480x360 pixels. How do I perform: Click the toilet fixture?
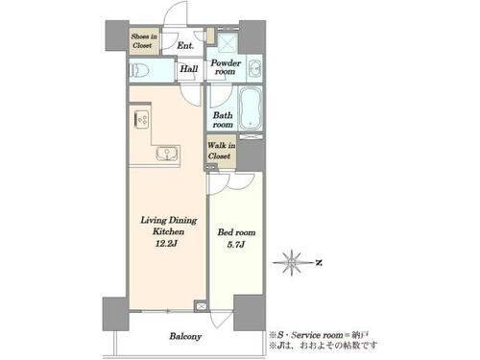click(x=139, y=70)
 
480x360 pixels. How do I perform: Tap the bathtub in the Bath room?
click(x=251, y=108)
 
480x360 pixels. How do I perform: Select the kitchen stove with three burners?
click(x=141, y=119)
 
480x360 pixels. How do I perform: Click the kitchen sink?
click(x=167, y=154)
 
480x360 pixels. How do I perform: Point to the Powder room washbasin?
click(x=255, y=68)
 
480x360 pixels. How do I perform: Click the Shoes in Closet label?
click(x=144, y=41)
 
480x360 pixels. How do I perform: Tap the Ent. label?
click(x=185, y=46)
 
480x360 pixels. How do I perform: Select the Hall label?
click(x=189, y=68)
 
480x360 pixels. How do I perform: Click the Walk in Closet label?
click(x=221, y=151)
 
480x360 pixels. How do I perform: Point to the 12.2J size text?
click(x=166, y=244)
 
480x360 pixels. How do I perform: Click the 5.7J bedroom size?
click(x=236, y=245)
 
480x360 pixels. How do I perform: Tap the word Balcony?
click(x=185, y=336)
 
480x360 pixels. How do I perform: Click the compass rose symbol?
click(x=292, y=262)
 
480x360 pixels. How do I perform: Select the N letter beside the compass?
click(x=319, y=263)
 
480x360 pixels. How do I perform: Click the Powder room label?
click(x=226, y=67)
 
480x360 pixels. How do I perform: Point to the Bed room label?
click(x=236, y=232)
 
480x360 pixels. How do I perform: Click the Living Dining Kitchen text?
click(x=169, y=226)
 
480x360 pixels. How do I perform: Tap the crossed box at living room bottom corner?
click(x=201, y=306)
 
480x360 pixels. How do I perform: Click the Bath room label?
click(x=223, y=120)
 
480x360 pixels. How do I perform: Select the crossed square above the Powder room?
click(x=228, y=42)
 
